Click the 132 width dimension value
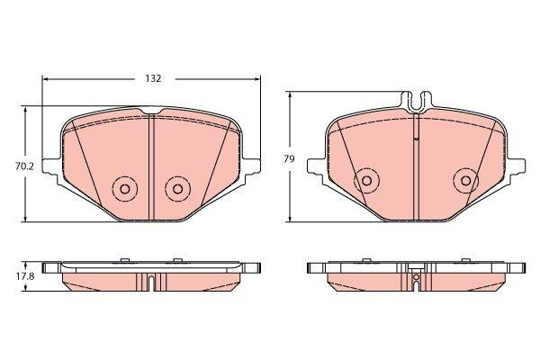[x=153, y=78]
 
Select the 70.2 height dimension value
[x=24, y=166]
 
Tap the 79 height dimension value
[x=289, y=159]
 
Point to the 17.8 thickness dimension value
[x=25, y=276]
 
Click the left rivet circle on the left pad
[x=125, y=189]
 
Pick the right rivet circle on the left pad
[x=177, y=189]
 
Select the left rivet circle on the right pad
[x=367, y=181]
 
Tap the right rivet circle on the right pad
[x=466, y=181]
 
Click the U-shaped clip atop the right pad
[x=417, y=102]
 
